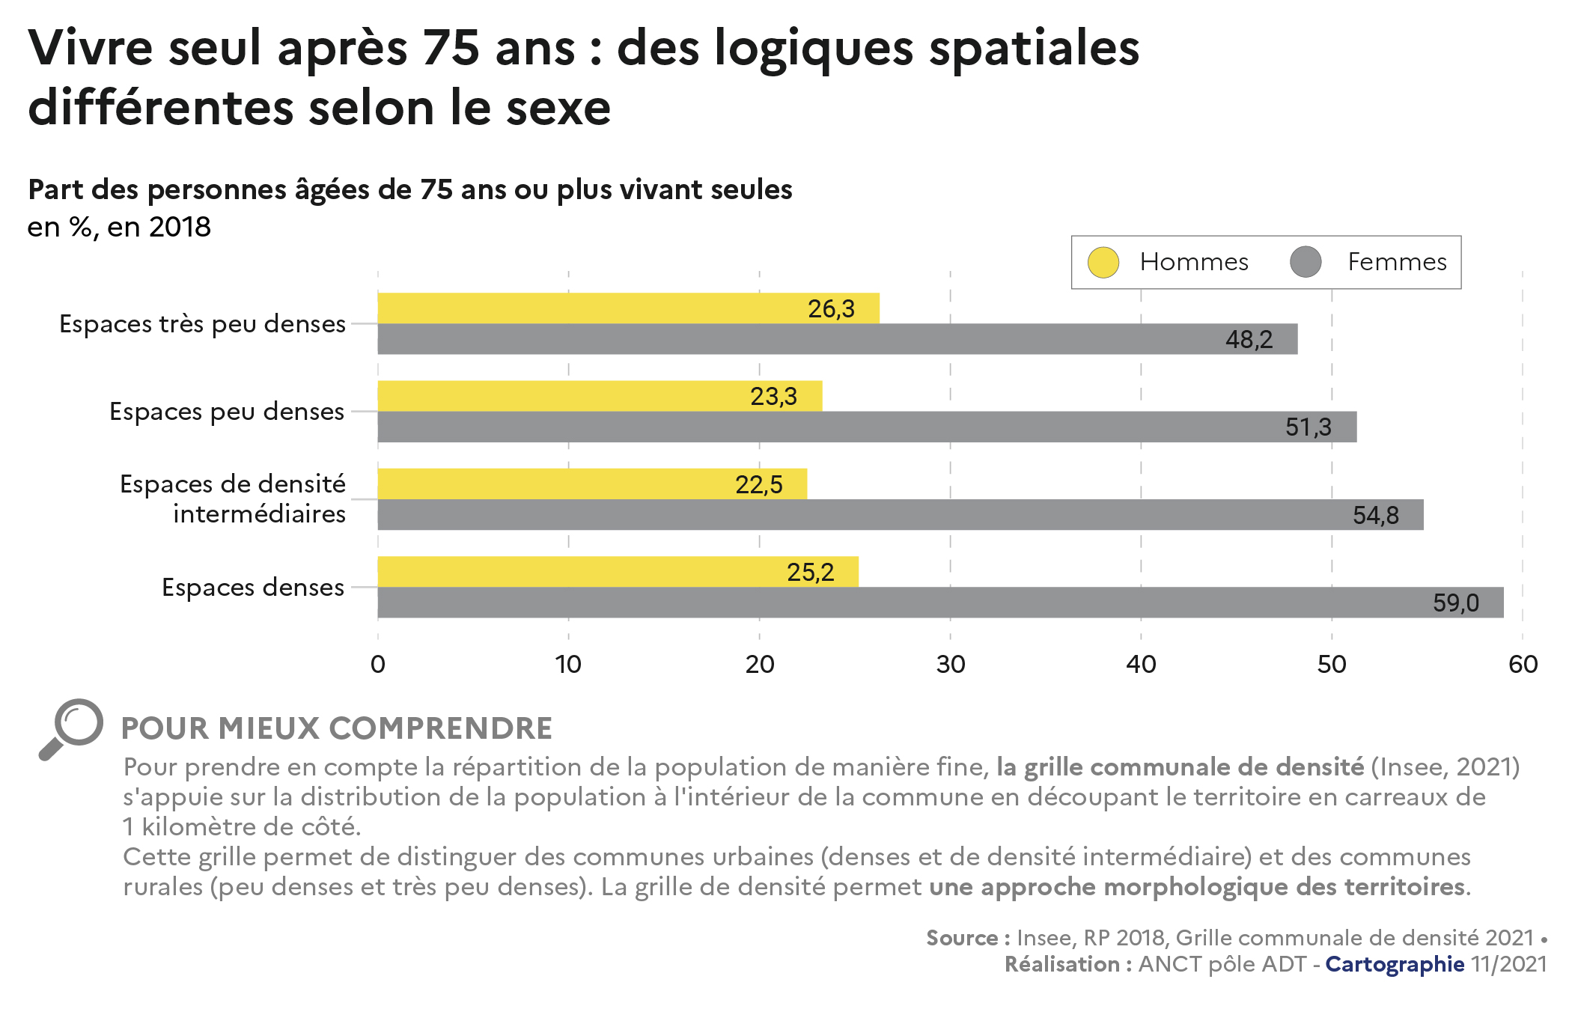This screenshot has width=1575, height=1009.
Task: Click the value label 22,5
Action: click(x=758, y=485)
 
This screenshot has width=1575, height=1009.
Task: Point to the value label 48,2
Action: click(x=1249, y=340)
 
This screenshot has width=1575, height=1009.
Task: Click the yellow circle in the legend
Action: click(x=1103, y=263)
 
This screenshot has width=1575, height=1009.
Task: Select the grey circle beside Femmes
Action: click(x=1306, y=263)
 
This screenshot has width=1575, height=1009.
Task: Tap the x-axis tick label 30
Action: click(x=951, y=665)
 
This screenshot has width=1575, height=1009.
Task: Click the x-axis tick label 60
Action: click(x=1523, y=665)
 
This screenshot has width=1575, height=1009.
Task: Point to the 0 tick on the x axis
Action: click(x=378, y=665)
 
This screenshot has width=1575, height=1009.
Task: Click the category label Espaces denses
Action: click(x=253, y=588)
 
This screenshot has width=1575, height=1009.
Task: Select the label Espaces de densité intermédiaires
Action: click(x=233, y=499)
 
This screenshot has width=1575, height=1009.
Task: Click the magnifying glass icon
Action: click(x=71, y=728)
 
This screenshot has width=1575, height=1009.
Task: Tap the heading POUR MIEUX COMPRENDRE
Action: click(x=337, y=729)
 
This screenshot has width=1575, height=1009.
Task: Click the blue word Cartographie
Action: click(x=1395, y=964)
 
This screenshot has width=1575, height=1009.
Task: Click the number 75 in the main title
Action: click(x=451, y=48)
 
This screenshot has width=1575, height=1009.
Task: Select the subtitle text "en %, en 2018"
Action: click(x=119, y=227)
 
